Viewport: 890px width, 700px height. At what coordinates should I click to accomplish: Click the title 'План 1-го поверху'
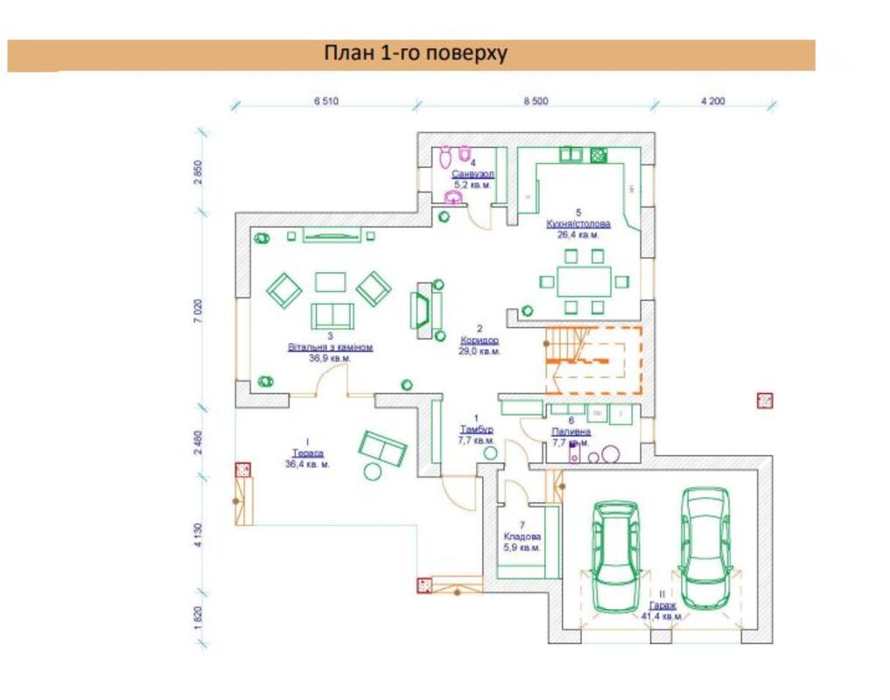416,54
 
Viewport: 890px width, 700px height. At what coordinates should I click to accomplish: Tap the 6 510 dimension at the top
326,101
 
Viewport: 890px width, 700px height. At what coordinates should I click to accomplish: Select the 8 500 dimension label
536,101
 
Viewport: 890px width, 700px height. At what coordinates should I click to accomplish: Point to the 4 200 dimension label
713,101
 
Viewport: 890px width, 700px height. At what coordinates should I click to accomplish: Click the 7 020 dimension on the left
199,311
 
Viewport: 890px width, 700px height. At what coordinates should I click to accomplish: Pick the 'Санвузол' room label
473,174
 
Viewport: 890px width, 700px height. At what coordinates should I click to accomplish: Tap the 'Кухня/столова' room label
578,224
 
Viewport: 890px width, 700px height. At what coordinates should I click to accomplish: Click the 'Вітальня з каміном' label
331,347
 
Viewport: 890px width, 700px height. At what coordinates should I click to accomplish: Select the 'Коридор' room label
479,340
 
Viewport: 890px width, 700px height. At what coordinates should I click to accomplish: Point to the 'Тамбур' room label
476,430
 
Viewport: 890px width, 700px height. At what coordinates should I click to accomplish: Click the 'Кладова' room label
522,536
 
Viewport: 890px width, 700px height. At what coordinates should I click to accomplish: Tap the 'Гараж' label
662,605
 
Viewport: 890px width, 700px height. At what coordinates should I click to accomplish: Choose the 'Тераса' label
307,453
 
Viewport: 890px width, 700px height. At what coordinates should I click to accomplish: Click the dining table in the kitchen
584,281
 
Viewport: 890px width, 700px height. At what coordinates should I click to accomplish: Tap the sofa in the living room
333,315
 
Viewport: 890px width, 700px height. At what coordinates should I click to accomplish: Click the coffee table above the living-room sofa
331,281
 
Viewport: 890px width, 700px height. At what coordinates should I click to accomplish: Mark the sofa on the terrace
382,448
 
